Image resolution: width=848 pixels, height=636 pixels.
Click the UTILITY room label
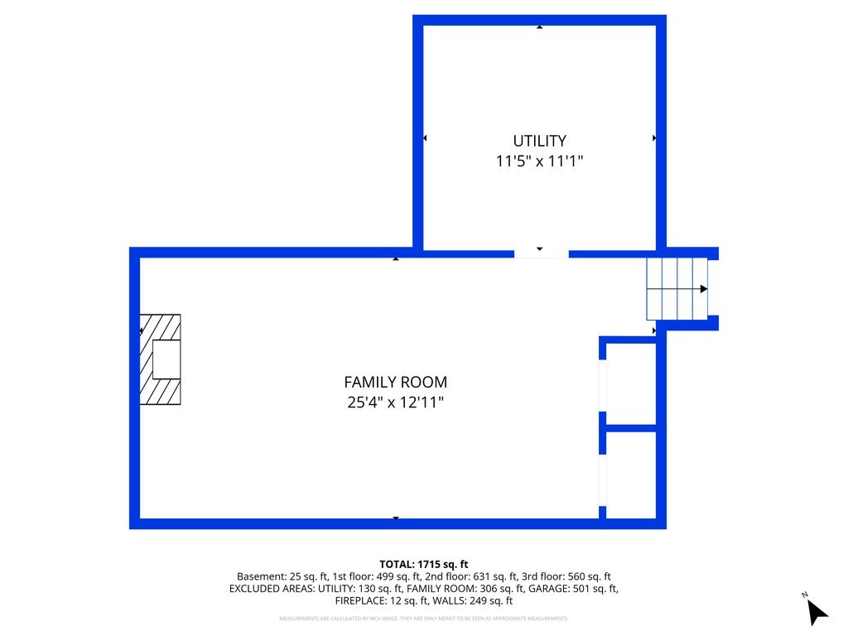[x=539, y=141]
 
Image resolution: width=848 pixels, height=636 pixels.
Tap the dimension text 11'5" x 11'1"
[x=539, y=161]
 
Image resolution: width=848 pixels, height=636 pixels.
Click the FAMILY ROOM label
[x=395, y=383]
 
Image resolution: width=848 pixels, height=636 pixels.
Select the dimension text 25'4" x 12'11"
[x=395, y=403]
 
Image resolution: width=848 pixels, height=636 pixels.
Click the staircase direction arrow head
[x=704, y=289]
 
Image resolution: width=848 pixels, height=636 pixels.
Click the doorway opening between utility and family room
[x=541, y=253]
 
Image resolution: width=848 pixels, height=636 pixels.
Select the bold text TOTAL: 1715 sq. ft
[x=423, y=564]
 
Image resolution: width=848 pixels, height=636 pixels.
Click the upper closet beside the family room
[x=631, y=383]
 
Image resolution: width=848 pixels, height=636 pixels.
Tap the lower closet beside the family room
[x=631, y=475]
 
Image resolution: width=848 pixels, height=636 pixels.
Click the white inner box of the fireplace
[x=166, y=359]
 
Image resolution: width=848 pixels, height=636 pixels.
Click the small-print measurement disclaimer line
[x=423, y=619]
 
